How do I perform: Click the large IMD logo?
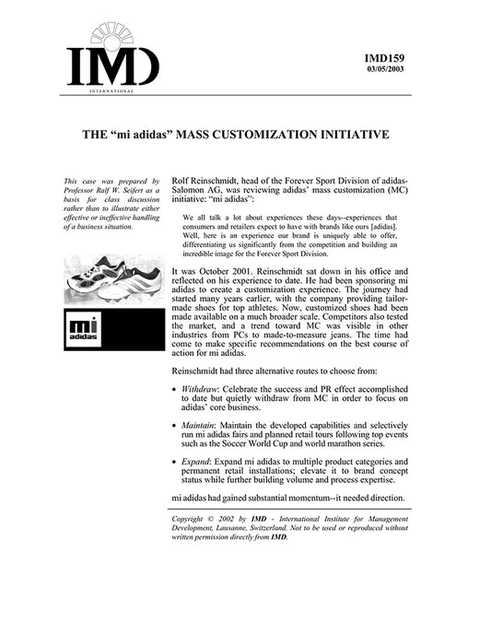(111, 61)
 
